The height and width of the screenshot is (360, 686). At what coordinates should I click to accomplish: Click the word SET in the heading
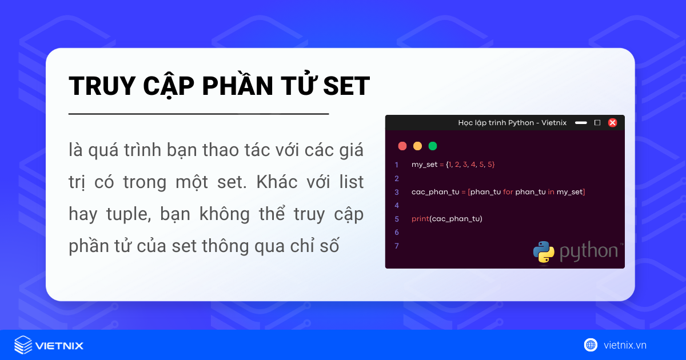click(x=347, y=86)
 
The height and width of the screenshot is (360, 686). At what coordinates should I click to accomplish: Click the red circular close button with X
click(x=612, y=122)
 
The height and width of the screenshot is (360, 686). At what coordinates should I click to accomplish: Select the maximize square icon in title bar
click(x=597, y=122)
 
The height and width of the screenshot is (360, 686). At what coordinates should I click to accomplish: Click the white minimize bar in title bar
click(x=581, y=122)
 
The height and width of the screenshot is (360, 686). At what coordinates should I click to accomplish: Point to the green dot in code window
click(x=433, y=146)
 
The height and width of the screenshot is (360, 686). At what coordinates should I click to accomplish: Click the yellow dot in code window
click(x=417, y=146)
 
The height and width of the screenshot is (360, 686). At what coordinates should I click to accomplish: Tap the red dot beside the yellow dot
click(x=402, y=146)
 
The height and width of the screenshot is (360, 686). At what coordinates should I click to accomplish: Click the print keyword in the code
click(x=420, y=219)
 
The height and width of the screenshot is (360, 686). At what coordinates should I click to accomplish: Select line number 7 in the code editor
click(x=396, y=246)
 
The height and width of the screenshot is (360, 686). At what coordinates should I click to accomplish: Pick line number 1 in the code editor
click(x=396, y=165)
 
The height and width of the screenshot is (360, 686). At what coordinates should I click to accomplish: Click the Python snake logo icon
click(x=544, y=252)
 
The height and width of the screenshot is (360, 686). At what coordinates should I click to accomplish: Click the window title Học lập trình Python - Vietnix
click(x=512, y=122)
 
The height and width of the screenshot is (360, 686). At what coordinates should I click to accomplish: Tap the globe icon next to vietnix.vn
click(x=591, y=345)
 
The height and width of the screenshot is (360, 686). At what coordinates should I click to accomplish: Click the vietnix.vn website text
click(x=625, y=345)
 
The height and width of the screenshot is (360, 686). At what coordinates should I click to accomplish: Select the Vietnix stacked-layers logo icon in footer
click(x=23, y=345)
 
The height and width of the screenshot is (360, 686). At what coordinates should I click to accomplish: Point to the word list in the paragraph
click(x=349, y=183)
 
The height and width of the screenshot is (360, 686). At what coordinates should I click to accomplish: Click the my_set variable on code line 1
click(x=424, y=165)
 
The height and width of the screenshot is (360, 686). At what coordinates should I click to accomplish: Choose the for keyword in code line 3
click(x=508, y=191)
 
